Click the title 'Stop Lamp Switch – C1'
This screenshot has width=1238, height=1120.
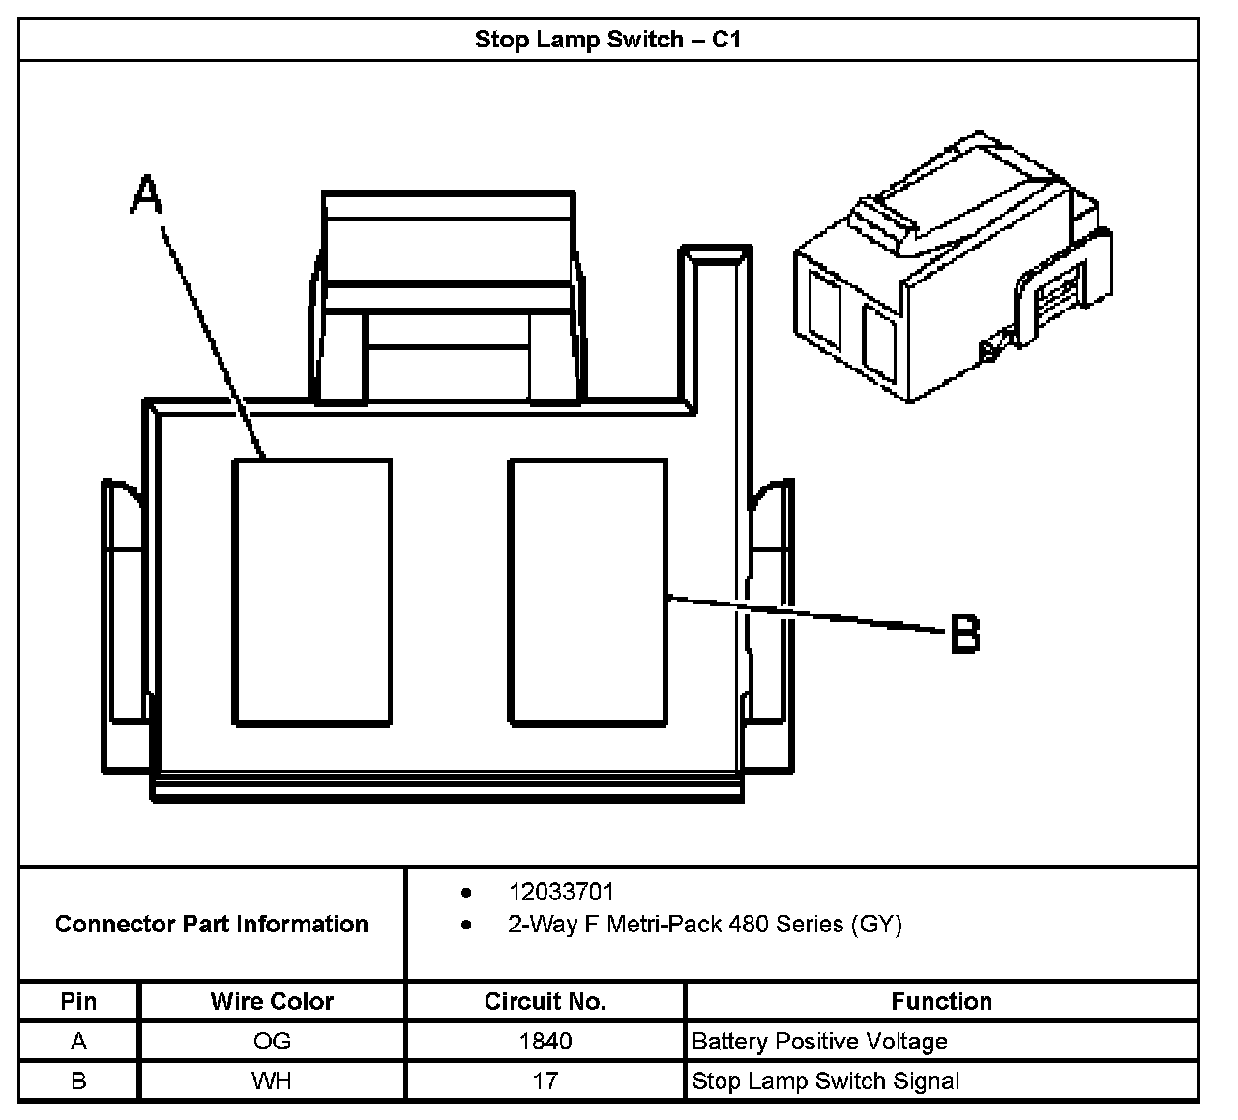pos(607,40)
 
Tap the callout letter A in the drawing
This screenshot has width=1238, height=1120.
pos(146,194)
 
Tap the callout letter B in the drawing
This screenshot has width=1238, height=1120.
pos(965,634)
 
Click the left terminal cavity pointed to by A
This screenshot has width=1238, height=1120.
pos(312,591)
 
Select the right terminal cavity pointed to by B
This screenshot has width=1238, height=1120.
pos(588,591)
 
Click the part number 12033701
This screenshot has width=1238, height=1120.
pos(561,892)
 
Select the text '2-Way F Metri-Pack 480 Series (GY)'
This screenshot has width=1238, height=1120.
pos(704,925)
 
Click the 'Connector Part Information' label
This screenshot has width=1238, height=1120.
pos(211,925)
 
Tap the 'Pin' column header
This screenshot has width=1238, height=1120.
pos(78,1001)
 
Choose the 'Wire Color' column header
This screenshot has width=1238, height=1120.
pos(272,1001)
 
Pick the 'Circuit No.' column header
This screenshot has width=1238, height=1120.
pos(545,1001)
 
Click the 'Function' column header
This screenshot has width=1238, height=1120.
pos(941,1001)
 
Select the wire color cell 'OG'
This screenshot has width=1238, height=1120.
pos(272,1042)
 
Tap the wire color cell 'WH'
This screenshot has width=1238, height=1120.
pos(272,1080)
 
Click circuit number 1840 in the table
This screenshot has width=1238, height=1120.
pos(545,1042)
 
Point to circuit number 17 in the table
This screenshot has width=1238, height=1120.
pos(545,1080)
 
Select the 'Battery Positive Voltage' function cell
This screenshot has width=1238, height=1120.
pos(819,1042)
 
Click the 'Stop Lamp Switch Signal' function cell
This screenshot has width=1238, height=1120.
pos(826,1080)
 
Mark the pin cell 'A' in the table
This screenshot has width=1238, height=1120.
pos(78,1042)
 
